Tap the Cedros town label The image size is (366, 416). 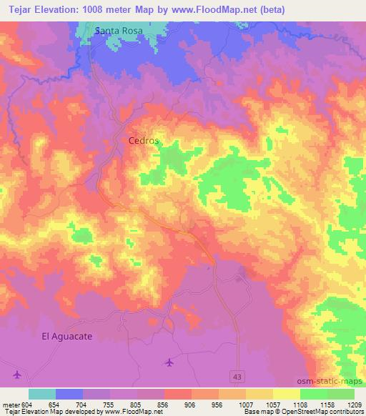tap(143, 141)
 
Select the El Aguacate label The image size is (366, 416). tap(67, 335)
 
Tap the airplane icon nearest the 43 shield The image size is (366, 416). tap(169, 362)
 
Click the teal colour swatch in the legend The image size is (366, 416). tap(42, 394)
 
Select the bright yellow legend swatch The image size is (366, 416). tap(286, 394)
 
